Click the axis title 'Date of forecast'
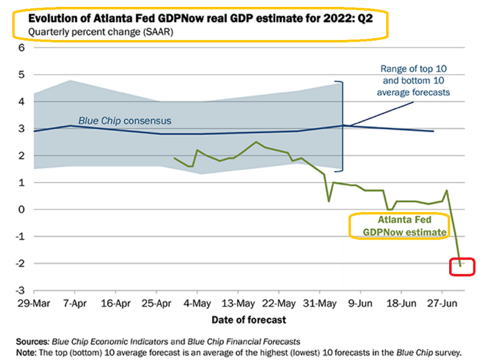pyautogui.click(x=249, y=319)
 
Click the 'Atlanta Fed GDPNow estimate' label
pyautogui.click(x=399, y=226)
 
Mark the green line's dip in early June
pyautogui.click(x=329, y=201)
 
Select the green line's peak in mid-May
pyautogui.click(x=256, y=142)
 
